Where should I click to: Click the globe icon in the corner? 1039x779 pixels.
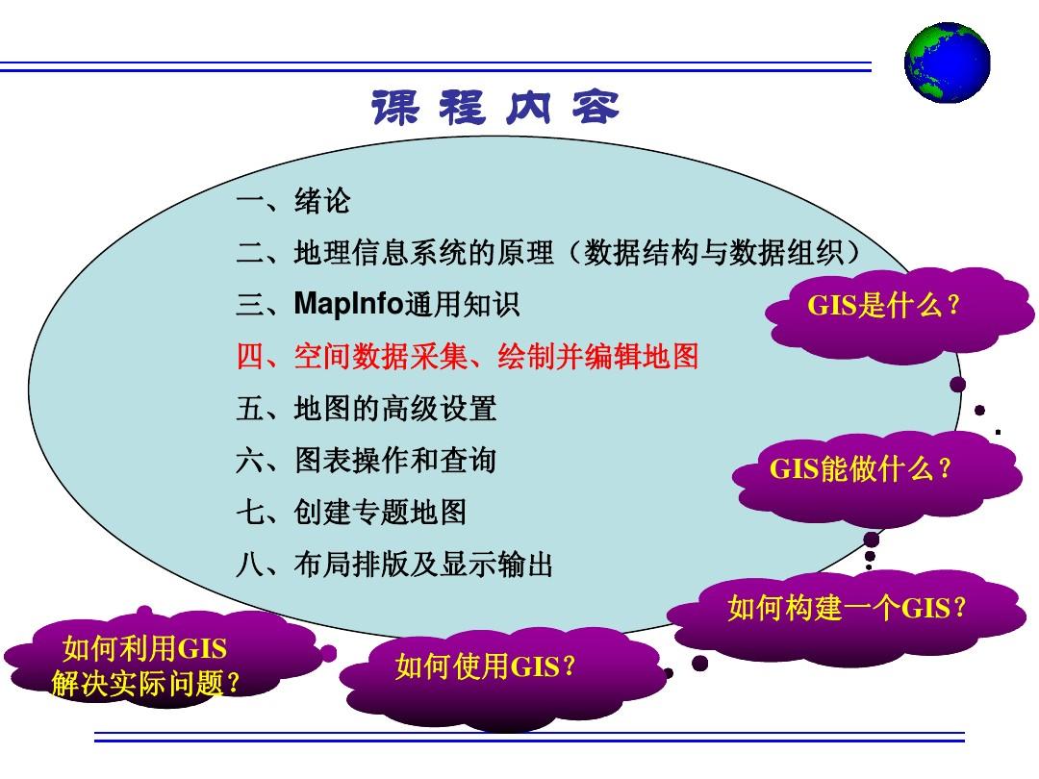947,62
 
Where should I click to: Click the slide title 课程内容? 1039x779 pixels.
494,109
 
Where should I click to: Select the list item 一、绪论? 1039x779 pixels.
293,202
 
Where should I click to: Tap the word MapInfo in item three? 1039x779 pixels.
349,305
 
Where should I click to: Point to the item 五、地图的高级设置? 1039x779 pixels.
366,409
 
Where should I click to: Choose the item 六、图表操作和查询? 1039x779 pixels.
366,461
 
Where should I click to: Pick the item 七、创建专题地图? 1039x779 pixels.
351,513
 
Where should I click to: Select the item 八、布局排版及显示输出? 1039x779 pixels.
394,565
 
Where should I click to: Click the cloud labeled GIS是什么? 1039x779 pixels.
883,307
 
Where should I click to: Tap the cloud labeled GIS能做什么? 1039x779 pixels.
860,469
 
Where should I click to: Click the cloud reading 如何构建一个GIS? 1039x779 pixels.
847,608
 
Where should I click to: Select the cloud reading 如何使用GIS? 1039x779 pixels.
486,666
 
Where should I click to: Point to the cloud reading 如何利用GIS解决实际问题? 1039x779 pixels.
144,665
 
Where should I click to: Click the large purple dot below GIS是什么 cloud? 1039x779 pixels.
957,385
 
